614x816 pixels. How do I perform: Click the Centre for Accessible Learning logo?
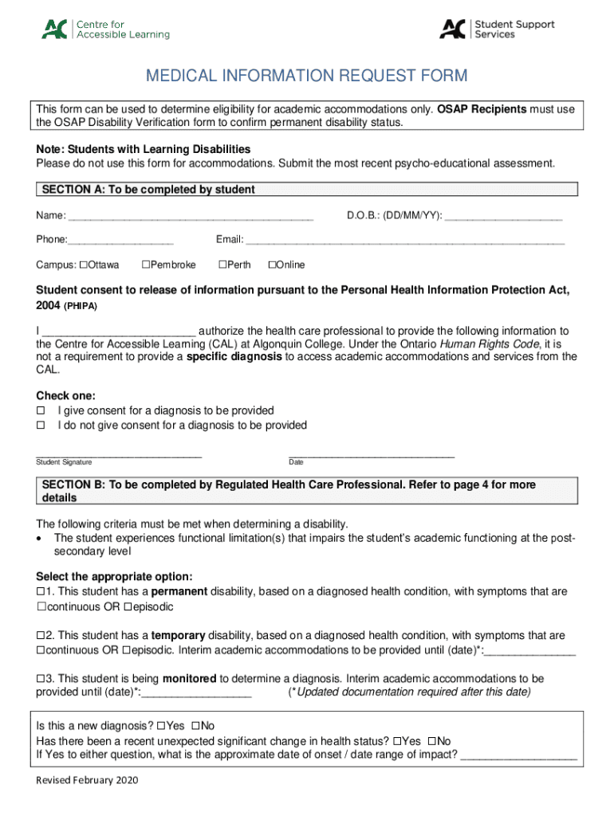(x=105, y=29)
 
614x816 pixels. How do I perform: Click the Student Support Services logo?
(x=497, y=29)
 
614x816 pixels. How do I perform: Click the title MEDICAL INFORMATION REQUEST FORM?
(x=306, y=76)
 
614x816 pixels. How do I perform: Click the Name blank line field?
(x=191, y=217)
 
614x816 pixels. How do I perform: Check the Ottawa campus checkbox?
(x=83, y=265)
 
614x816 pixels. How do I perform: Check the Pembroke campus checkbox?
(x=145, y=265)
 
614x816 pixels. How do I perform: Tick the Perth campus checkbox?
(x=222, y=265)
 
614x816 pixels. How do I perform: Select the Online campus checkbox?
(x=271, y=265)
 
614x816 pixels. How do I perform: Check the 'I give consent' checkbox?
(x=41, y=410)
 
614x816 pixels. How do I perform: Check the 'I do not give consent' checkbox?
(x=41, y=426)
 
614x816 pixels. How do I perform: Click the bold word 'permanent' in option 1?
(x=179, y=591)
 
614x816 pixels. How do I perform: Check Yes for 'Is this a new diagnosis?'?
(x=161, y=726)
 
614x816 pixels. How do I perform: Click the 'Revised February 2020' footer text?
(x=87, y=780)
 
